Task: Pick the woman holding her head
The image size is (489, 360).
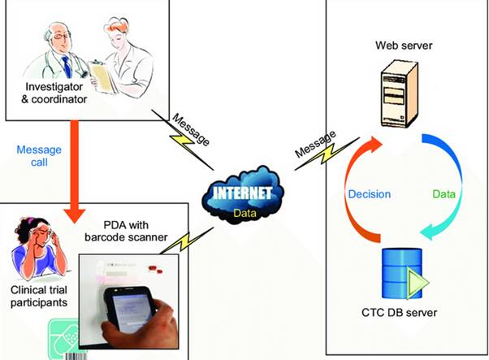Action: (35, 244)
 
